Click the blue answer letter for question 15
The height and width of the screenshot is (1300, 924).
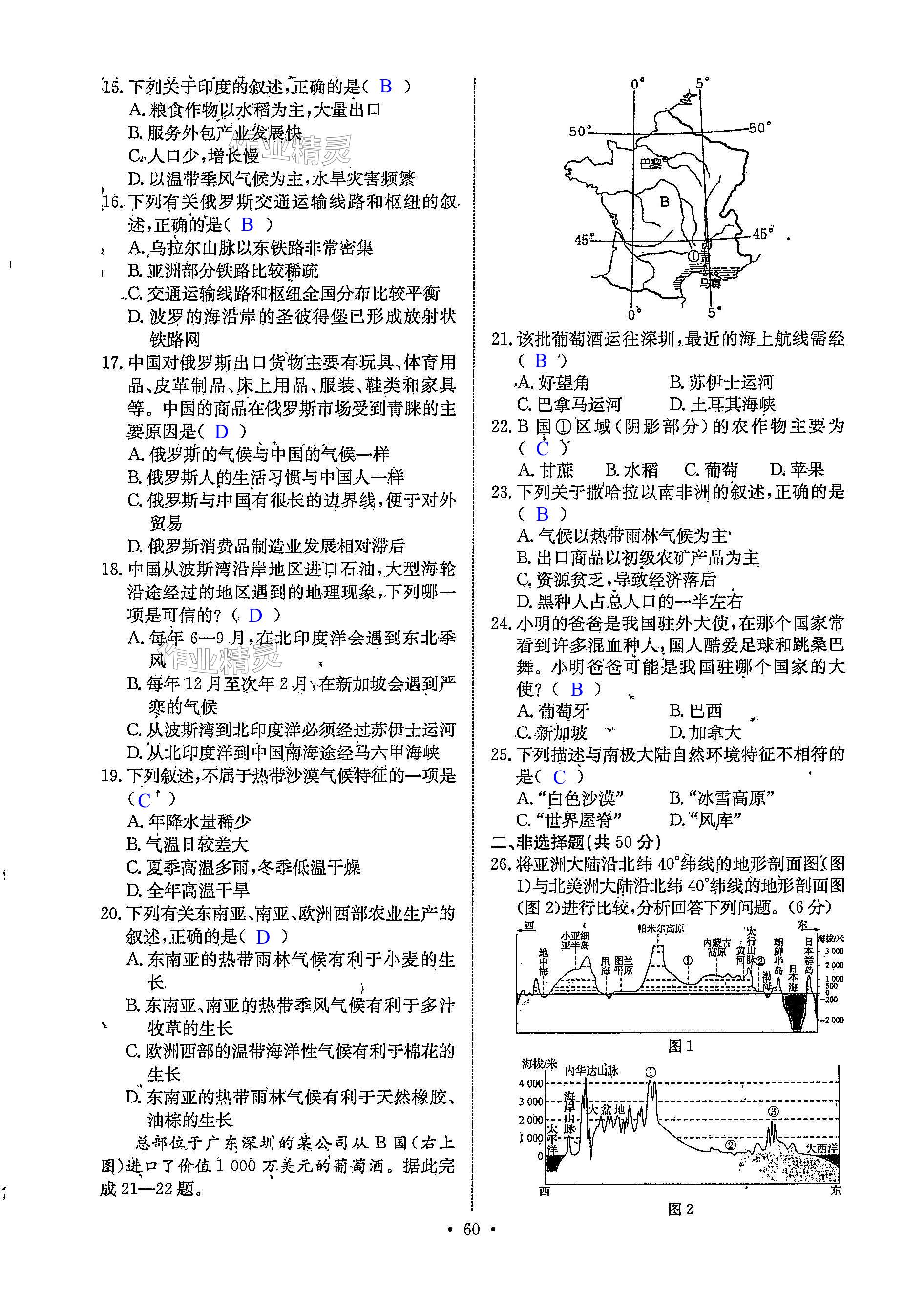tap(386, 87)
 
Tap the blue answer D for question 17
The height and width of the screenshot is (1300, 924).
tap(221, 432)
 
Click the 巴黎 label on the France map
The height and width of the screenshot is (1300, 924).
tap(651, 163)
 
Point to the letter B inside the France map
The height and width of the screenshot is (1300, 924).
tap(664, 201)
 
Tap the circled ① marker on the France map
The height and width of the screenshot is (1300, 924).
tap(693, 257)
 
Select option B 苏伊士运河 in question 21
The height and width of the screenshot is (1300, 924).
tap(721, 382)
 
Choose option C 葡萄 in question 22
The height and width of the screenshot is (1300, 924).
tap(711, 470)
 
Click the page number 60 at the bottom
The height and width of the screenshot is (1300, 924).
tap(472, 1245)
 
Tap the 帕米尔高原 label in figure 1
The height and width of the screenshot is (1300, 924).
tap(661, 927)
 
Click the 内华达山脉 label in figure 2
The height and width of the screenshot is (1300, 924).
tap(592, 1070)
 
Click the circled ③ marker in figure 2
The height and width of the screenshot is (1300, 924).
tap(773, 1111)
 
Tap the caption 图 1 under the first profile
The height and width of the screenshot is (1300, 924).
tap(680, 1046)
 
